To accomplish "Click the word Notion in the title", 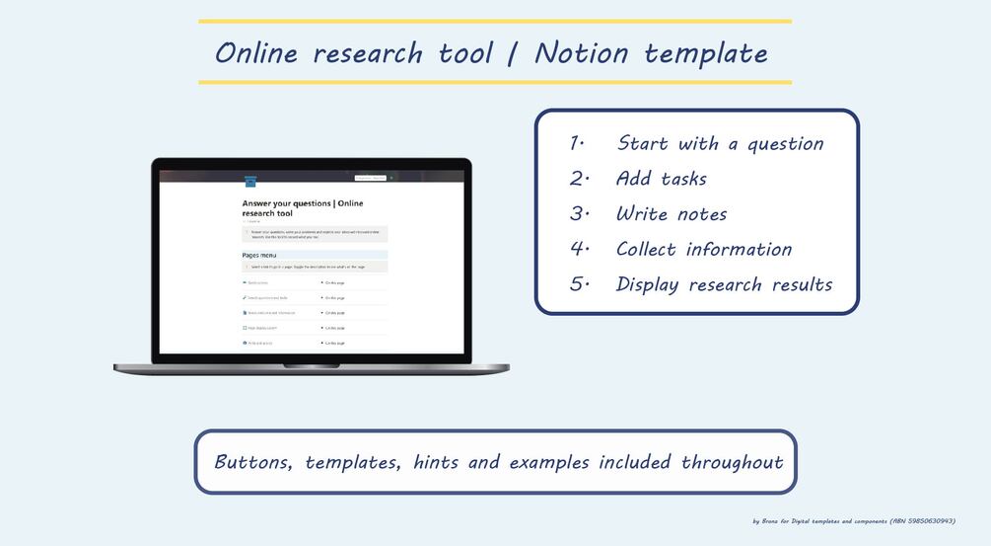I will click(x=581, y=53).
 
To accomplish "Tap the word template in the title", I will click(x=705, y=53).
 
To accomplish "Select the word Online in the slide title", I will click(x=256, y=53).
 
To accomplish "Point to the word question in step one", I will click(x=785, y=144).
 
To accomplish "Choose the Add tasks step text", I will click(x=661, y=179).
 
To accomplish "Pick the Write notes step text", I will click(x=671, y=214).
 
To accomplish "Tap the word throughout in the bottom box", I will click(x=732, y=462).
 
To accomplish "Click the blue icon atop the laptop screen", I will click(x=250, y=181).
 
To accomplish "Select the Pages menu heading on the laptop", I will click(x=259, y=256).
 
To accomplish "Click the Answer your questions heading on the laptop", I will click(x=302, y=208).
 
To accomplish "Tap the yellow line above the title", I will click(x=494, y=21).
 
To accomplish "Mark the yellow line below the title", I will click(x=494, y=82).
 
